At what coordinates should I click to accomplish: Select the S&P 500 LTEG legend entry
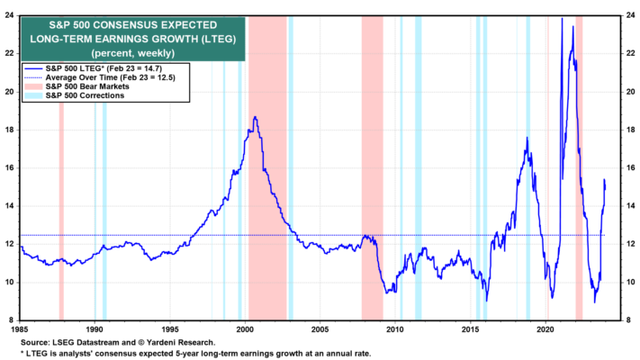(x=94, y=68)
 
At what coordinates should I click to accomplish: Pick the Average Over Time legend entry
(x=100, y=77)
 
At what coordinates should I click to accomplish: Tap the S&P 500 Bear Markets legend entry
(x=77, y=86)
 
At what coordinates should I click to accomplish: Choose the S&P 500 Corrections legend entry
(x=75, y=95)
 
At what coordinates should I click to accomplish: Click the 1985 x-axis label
(x=20, y=328)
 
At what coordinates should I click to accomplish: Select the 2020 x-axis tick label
(x=545, y=328)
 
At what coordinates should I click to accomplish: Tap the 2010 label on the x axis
(x=395, y=328)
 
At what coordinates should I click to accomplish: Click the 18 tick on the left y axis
(x=9, y=130)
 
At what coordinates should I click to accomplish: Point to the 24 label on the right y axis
(x=630, y=15)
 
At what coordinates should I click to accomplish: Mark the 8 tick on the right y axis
(x=628, y=320)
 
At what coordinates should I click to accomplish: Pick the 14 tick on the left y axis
(x=9, y=206)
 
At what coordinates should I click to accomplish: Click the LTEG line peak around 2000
(x=255, y=117)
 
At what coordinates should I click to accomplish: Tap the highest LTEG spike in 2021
(x=562, y=18)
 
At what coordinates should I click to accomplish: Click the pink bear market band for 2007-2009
(x=373, y=167)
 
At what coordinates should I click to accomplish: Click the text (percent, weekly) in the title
(x=133, y=53)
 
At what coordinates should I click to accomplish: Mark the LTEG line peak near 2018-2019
(x=527, y=138)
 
